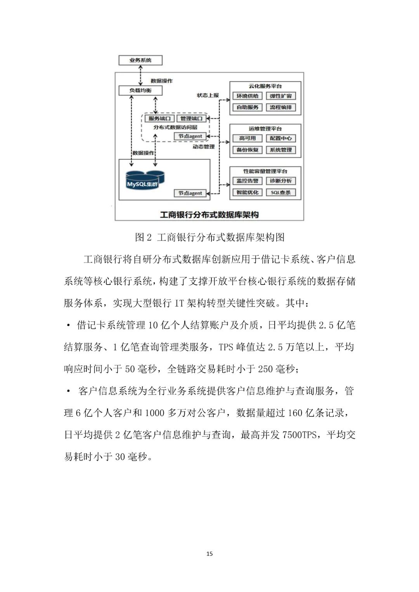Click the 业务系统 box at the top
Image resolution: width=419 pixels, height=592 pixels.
click(x=140, y=60)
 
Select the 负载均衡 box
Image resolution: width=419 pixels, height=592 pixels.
click(x=140, y=90)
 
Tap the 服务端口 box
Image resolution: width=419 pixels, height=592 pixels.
click(x=159, y=118)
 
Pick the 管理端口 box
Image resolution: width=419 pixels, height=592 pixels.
click(x=191, y=118)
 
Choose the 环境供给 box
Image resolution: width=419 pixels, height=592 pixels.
click(x=248, y=96)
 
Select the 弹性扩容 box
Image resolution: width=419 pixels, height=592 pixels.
click(x=281, y=96)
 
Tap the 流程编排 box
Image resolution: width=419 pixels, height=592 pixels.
click(x=281, y=107)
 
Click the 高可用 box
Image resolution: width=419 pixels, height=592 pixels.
click(x=248, y=138)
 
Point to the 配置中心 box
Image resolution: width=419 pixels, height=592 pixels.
click(x=281, y=138)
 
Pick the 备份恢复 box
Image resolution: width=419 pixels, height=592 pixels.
click(x=248, y=150)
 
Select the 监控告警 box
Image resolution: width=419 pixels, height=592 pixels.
click(x=248, y=181)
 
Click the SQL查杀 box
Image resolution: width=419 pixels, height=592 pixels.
click(x=281, y=192)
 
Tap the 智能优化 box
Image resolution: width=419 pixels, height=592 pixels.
click(x=248, y=192)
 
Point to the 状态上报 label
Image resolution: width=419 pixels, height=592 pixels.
click(x=208, y=95)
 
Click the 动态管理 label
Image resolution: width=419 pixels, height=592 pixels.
click(x=204, y=147)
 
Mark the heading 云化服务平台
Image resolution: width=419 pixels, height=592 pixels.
click(x=265, y=86)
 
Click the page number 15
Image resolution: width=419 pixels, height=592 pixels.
click(x=209, y=554)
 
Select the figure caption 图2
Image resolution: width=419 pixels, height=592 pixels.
click(x=143, y=237)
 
